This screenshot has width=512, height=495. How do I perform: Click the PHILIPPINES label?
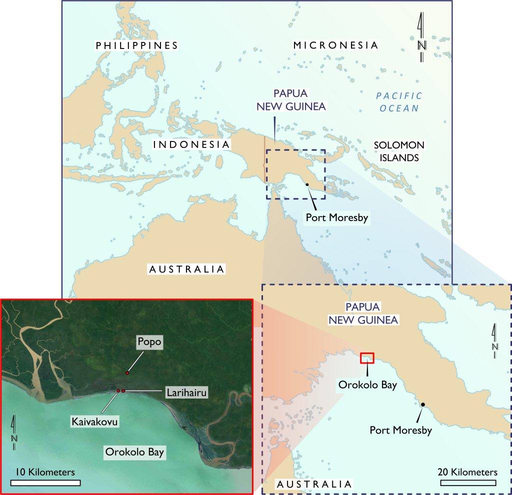137,45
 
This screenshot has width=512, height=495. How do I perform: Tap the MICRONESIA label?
335,45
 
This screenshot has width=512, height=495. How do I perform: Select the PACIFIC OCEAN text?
399,101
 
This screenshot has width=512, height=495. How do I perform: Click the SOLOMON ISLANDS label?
399,151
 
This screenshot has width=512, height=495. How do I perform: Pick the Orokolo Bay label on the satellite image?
134,452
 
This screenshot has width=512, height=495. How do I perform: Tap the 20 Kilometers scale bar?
468,482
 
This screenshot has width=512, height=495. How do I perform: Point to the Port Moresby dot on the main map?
307,185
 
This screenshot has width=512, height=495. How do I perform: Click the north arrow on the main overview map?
421,37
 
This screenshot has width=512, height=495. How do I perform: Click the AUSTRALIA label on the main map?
187,269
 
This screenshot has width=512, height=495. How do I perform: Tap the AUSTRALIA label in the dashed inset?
314,484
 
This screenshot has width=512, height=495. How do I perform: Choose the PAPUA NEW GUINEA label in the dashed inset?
363,313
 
